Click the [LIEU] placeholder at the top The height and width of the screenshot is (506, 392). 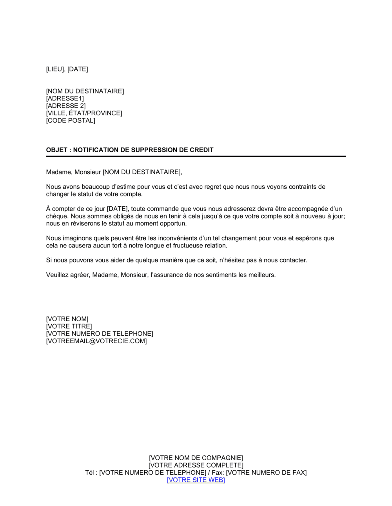click(55, 69)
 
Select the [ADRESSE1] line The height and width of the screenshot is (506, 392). click(65, 98)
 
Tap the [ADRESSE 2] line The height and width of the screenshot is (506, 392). click(66, 106)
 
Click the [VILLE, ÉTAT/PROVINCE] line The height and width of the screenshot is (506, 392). click(84, 113)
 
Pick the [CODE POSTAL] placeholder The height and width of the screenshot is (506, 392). click(71, 120)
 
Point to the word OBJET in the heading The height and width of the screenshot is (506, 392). click(56, 150)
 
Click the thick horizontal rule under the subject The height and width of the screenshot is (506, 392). click(196, 157)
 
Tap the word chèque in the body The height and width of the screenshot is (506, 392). click(56, 216)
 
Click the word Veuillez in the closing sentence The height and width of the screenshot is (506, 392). click(57, 275)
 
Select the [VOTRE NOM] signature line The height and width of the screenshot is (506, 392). click(67, 319)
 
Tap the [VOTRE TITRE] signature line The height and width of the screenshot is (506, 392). click(69, 326)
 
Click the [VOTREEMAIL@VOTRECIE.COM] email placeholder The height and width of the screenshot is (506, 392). click(96, 341)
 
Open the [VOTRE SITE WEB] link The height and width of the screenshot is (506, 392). click(196, 480)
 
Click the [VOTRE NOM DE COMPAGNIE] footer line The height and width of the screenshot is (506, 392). click(196, 458)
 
